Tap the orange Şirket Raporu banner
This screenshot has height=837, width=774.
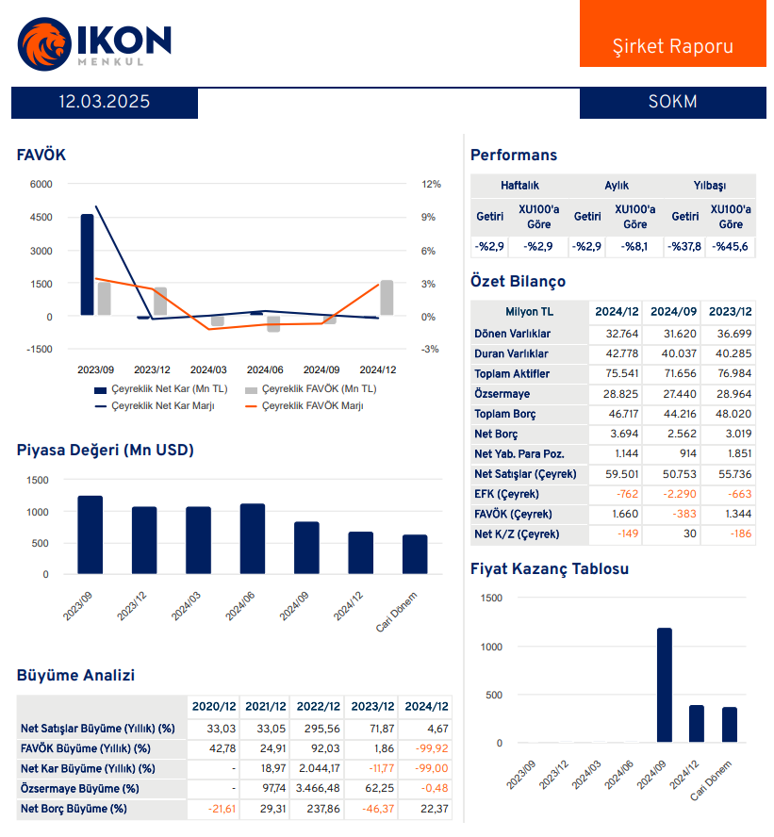coord(672,46)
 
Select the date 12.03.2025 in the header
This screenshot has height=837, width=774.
coord(105,102)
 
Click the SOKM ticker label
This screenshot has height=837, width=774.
coord(672,102)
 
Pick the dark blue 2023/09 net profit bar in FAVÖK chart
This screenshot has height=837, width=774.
coord(87,265)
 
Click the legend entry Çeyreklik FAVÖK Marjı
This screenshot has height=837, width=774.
coord(311,406)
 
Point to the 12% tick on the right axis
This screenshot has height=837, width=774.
coord(430,184)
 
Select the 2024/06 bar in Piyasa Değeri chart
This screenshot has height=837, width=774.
coord(253,538)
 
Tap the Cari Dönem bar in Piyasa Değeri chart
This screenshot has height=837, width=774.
coord(415,554)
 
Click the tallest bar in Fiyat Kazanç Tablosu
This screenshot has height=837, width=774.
coord(664,685)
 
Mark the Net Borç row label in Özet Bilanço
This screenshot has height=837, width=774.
coord(496,435)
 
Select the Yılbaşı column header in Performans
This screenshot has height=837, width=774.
coord(711,186)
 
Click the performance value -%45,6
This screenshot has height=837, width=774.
coord(731,247)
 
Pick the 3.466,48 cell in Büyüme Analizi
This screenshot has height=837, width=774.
coord(318,789)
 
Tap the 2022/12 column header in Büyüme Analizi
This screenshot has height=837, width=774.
coord(318,707)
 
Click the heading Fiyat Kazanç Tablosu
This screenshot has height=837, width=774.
coord(549,569)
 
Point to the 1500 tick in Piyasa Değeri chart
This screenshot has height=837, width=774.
coord(37,480)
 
